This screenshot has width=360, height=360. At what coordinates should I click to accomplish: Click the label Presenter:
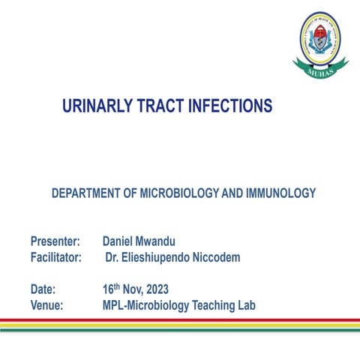click(x=55, y=242)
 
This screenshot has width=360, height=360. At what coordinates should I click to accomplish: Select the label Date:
click(x=43, y=289)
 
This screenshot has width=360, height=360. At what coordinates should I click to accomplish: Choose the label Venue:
click(x=46, y=305)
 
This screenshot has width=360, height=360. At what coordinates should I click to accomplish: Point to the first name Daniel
click(x=119, y=242)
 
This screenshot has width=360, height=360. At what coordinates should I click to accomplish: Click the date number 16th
click(x=111, y=288)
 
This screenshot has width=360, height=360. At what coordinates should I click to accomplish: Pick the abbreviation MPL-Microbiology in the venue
click(x=146, y=305)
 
